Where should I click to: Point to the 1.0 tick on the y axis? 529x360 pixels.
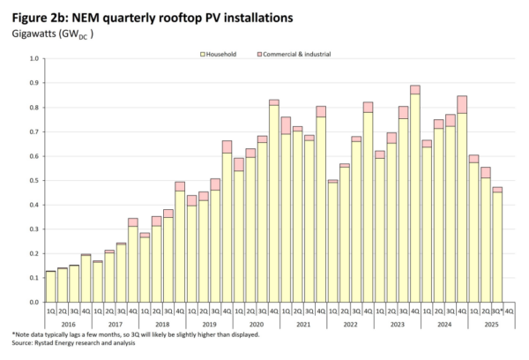pyautogui.click(x=35, y=59)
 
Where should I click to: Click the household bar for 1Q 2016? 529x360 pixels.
pyautogui.click(x=50, y=287)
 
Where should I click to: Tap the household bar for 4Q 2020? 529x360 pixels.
pyautogui.click(x=274, y=204)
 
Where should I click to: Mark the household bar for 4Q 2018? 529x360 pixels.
pyautogui.click(x=179, y=247)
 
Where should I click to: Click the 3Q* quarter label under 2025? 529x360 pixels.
pyautogui.click(x=497, y=311)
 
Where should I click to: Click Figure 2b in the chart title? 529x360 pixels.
pyautogui.click(x=36, y=17)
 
